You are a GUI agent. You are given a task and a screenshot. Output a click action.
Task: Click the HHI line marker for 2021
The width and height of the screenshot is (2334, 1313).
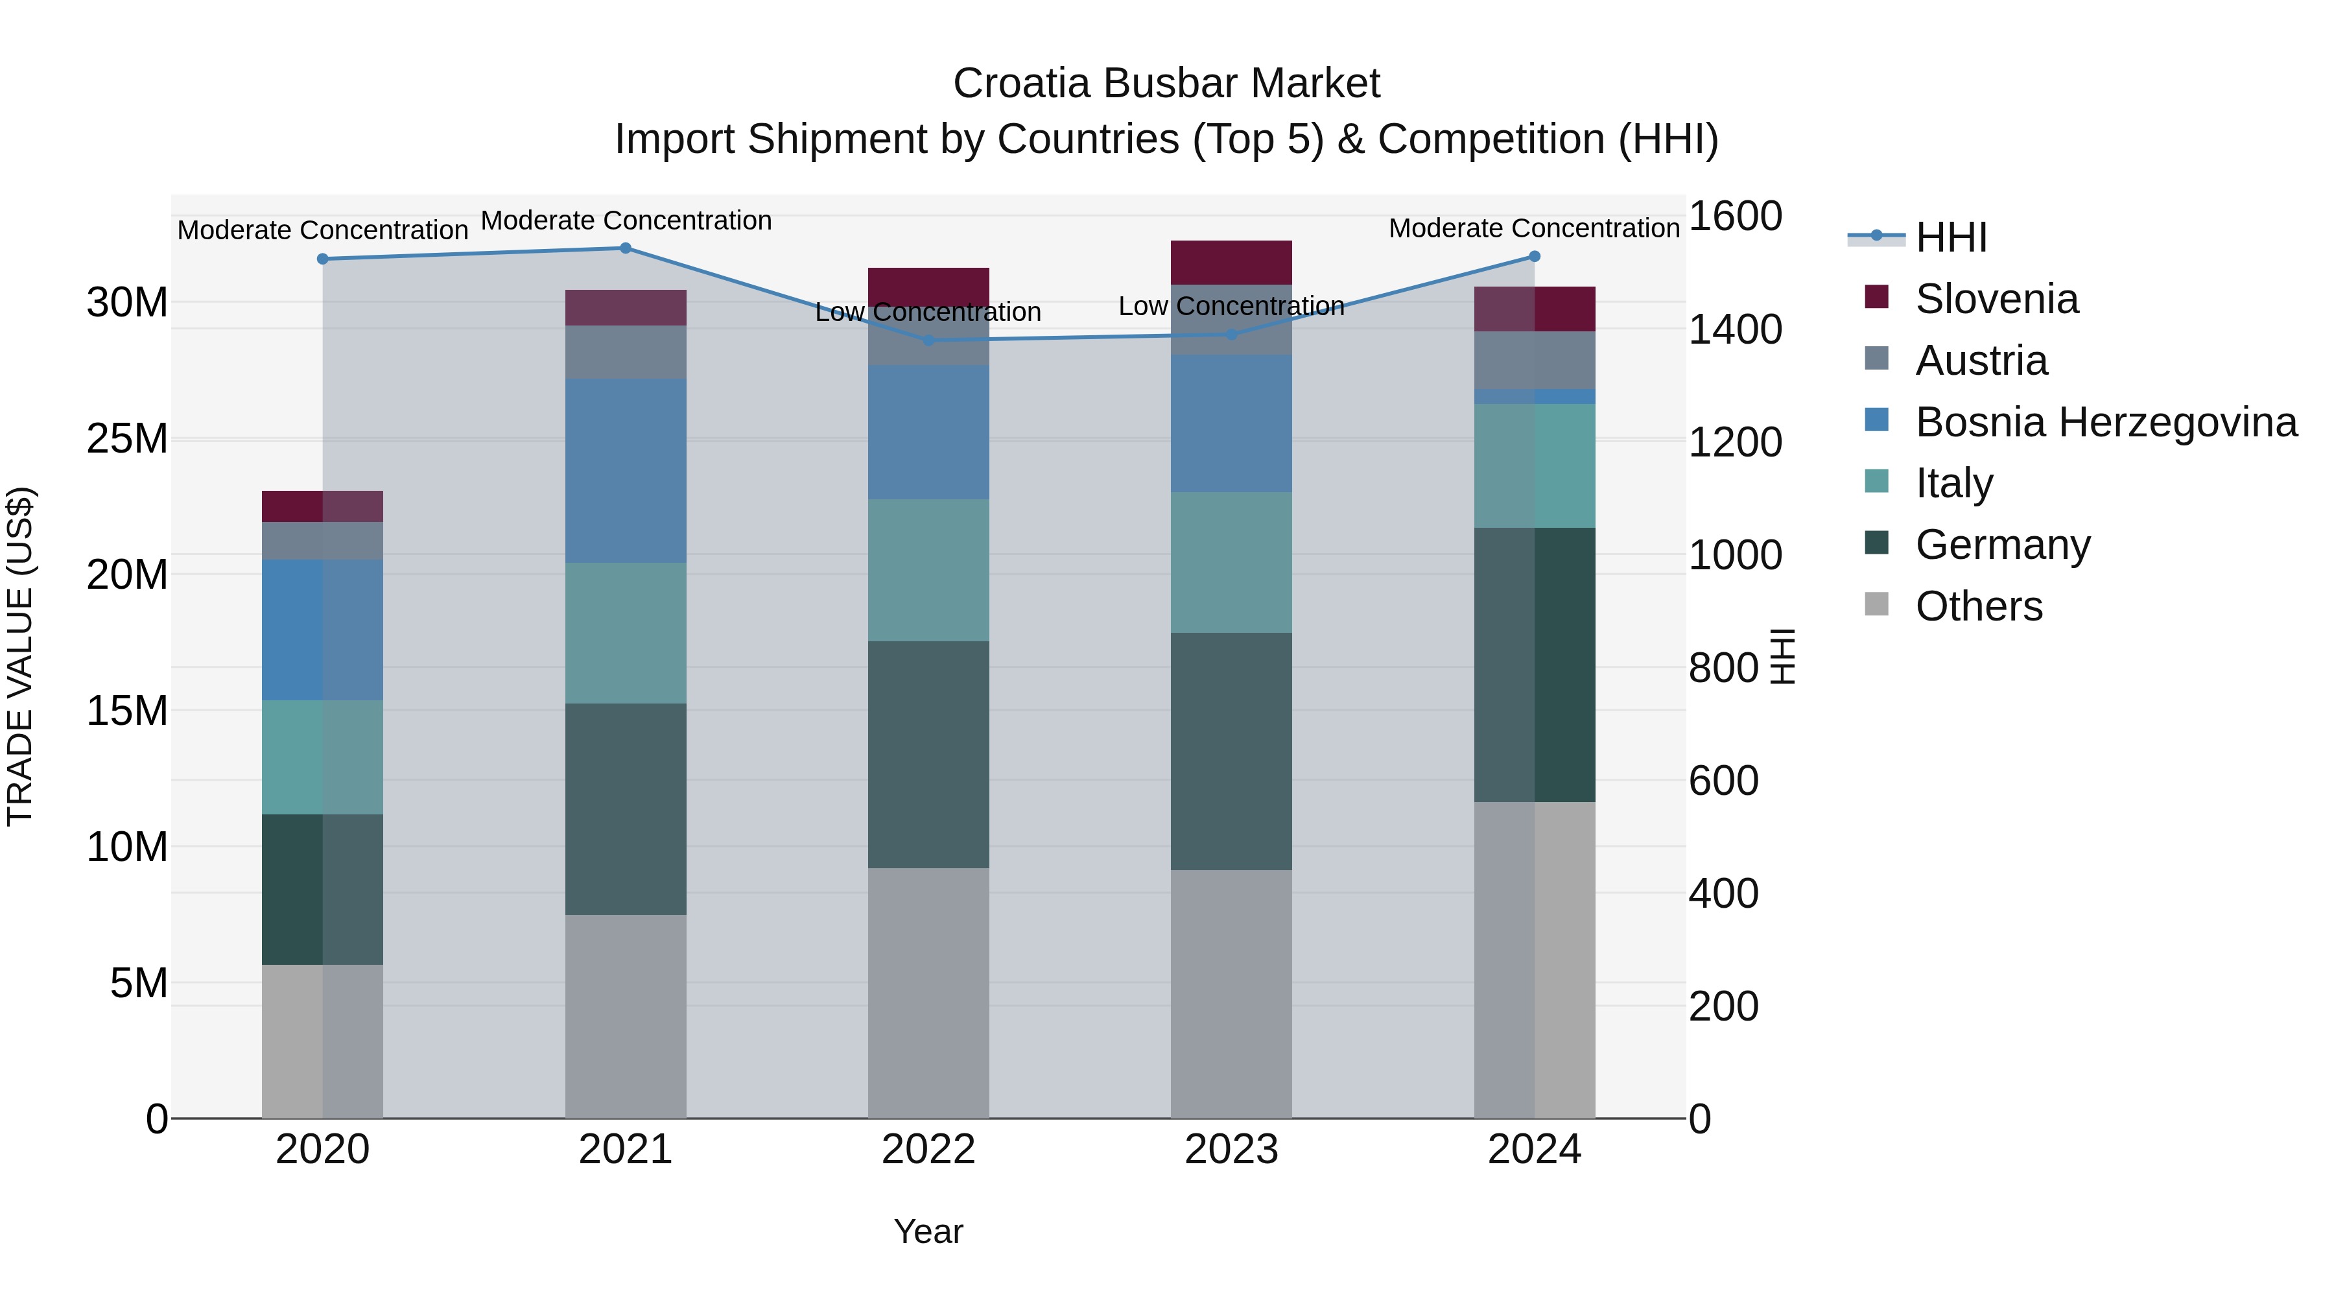(625, 248)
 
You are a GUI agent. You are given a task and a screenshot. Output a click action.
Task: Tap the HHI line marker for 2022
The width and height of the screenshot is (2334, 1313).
(928, 340)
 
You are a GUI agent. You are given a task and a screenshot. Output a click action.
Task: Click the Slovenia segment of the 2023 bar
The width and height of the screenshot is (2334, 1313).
(1231, 263)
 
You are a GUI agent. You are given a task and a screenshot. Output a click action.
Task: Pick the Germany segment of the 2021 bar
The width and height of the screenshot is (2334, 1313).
(625, 809)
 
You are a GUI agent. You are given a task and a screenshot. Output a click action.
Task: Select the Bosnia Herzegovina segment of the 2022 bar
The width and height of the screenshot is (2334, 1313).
(928, 432)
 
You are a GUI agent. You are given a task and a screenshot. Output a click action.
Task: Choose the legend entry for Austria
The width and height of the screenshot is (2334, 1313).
(1981, 361)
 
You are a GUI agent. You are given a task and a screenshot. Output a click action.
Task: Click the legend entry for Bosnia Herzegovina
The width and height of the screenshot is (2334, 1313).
(2106, 422)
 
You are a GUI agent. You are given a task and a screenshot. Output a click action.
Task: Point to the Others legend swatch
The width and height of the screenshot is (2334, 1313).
(1876, 604)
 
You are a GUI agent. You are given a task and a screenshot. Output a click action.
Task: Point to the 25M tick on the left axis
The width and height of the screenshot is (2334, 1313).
(127, 438)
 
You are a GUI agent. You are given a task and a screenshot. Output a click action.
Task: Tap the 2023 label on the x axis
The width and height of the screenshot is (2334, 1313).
(1231, 1150)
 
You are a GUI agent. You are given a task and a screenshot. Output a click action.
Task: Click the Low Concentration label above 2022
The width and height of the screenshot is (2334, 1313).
(928, 312)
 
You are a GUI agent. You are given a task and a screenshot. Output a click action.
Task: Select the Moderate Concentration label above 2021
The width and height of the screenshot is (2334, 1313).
(625, 220)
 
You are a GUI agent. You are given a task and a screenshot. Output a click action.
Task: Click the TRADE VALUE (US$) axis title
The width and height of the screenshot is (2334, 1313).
(20, 656)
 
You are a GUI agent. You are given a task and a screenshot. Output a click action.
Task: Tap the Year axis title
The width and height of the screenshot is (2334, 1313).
(928, 1231)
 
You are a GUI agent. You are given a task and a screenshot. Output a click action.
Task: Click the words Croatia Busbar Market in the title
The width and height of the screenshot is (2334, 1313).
(1166, 84)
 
